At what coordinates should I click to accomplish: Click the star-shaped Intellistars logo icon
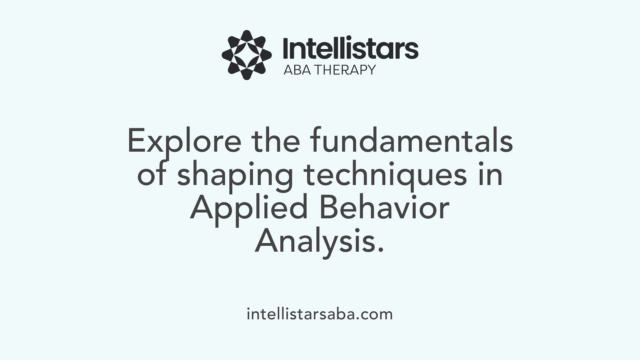pyautogui.click(x=247, y=55)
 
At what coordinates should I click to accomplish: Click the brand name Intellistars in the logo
pyautogui.click(x=350, y=49)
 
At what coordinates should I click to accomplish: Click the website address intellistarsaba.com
pyautogui.click(x=320, y=314)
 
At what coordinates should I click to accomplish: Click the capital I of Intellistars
pyautogui.click(x=285, y=49)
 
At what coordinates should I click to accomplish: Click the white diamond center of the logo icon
pyautogui.click(x=247, y=55)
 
